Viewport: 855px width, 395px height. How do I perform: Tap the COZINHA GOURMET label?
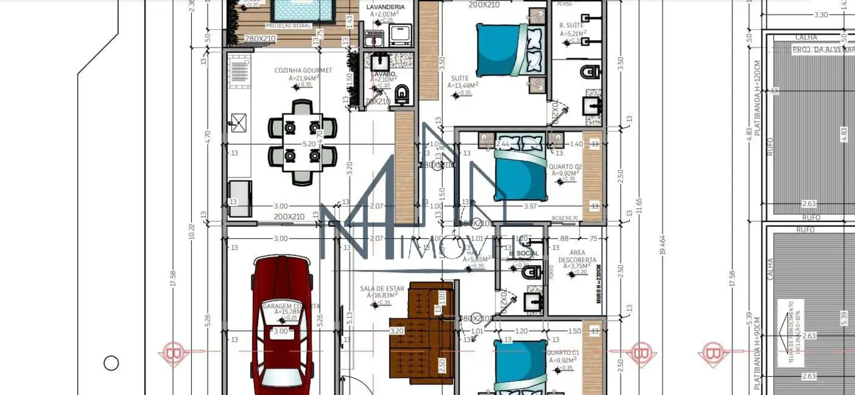pos(303,70)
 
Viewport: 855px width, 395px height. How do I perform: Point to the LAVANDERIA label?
pos(385,7)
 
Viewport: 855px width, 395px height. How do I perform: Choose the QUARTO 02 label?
pos(565,167)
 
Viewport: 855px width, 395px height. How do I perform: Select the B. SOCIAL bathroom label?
pos(524,253)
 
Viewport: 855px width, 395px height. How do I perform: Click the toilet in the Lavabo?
pos(402,95)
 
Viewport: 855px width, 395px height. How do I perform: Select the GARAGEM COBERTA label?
pos(291,306)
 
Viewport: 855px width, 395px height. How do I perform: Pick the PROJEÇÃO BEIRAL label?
pos(288,26)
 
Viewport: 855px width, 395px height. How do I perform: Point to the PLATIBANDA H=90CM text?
pos(757,355)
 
